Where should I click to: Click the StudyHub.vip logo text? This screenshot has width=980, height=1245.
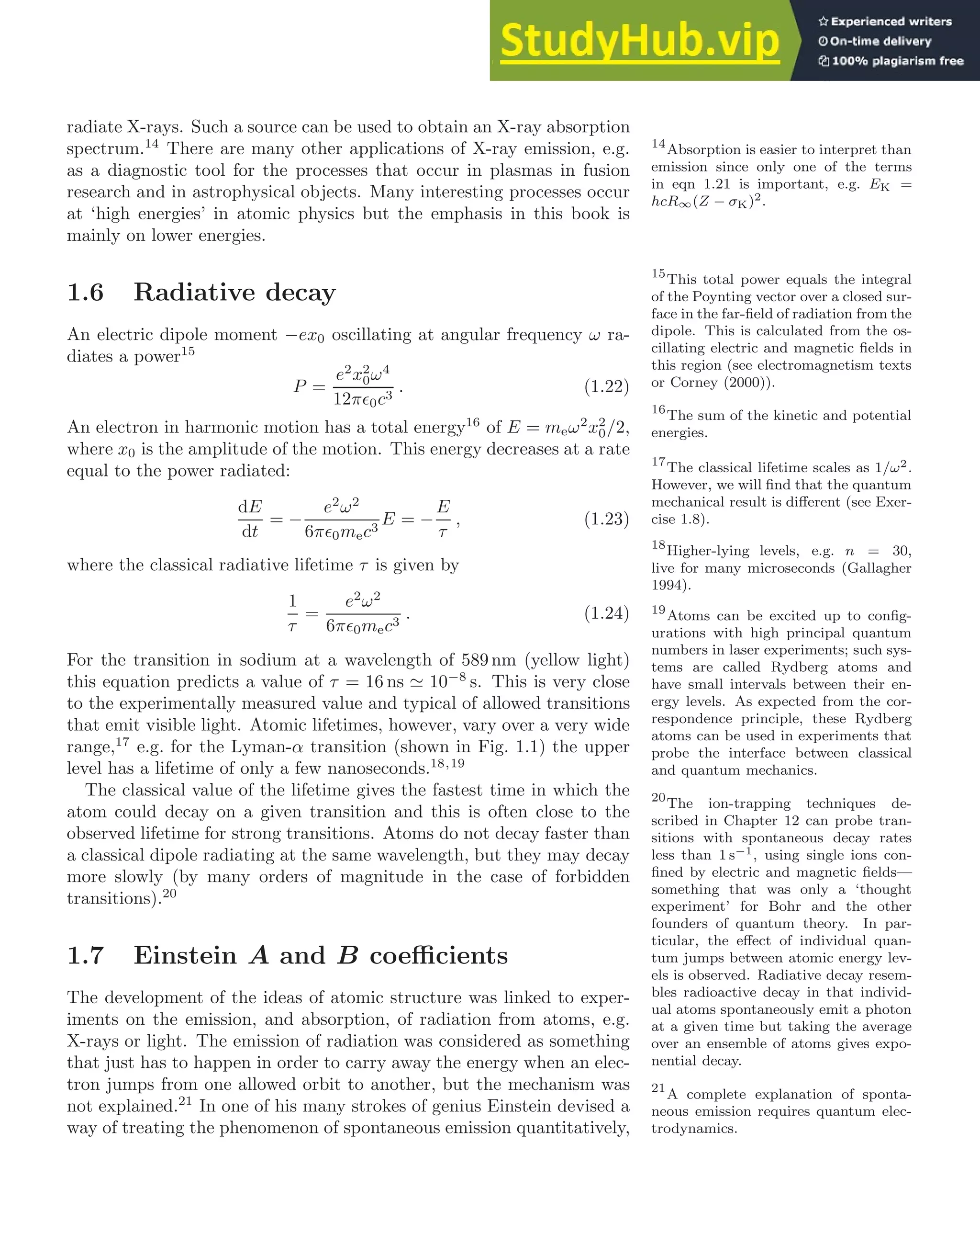pos(639,41)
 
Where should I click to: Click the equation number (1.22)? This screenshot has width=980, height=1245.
pos(606,386)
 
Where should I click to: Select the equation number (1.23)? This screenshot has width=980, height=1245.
pos(606,519)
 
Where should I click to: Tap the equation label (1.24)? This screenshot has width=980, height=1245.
pos(606,613)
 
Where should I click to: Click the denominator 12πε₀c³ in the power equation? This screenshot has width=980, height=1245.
pos(362,398)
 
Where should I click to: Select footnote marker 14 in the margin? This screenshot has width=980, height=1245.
pos(658,144)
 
